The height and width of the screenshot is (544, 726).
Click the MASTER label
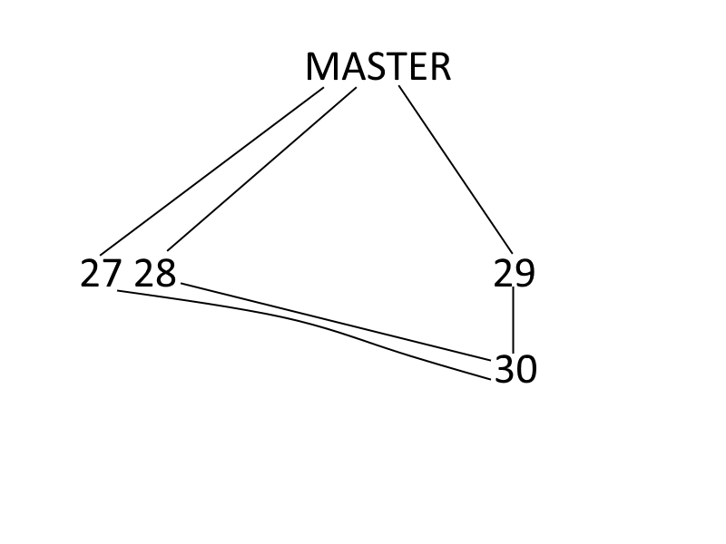tap(378, 67)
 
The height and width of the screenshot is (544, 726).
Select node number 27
tap(100, 274)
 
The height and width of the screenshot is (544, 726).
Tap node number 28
tap(155, 274)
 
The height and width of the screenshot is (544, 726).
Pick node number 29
tap(514, 274)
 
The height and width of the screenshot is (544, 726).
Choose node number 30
tap(515, 370)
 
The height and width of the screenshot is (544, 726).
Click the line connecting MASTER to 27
tap(211, 171)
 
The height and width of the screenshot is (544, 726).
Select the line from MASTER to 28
tap(261, 168)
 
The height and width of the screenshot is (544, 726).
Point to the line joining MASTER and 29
tap(456, 170)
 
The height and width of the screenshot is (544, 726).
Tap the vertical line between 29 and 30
tap(514, 322)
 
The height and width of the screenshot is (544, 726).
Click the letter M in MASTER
tap(323, 67)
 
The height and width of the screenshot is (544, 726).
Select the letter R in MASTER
tap(440, 67)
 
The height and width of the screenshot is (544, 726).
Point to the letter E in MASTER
tap(419, 67)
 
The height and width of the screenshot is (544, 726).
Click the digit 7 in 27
tap(111, 274)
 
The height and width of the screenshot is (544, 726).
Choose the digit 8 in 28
tap(165, 274)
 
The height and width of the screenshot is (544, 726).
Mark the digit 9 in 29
tap(525, 274)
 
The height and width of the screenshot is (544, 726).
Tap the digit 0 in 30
tap(526, 370)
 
